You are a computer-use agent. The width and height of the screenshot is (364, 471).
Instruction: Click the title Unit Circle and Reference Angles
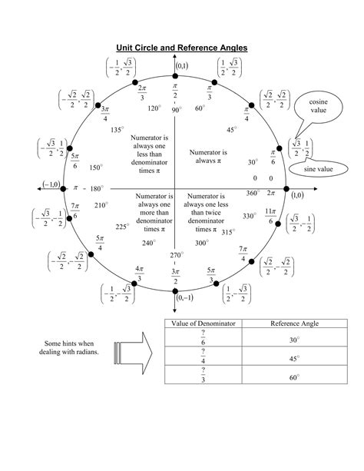point(181,48)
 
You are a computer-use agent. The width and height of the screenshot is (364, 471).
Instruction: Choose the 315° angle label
point(228,232)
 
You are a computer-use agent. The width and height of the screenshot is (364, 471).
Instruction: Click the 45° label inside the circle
point(232,130)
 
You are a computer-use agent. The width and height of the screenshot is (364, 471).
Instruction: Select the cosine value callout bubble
point(318,106)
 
